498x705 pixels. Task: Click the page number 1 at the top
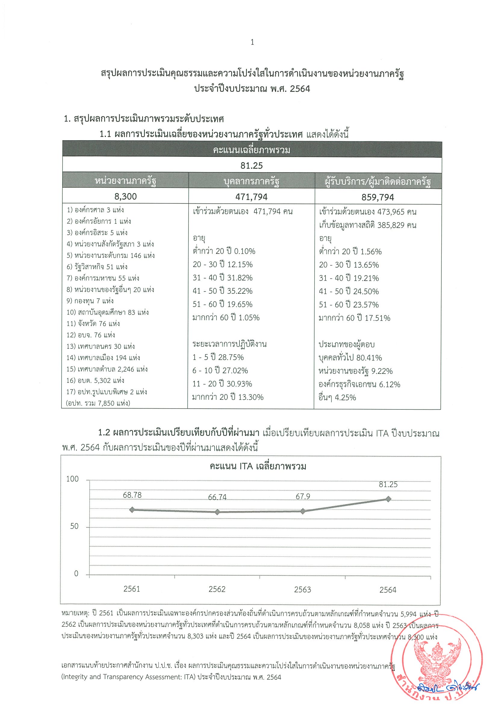[x=252, y=42]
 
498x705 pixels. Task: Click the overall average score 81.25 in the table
[x=252, y=166]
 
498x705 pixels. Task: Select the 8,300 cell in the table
[x=125, y=196]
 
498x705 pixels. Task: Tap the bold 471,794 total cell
[x=251, y=197]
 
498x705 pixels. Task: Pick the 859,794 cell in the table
[x=377, y=197]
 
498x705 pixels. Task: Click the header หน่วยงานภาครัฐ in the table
[x=125, y=181]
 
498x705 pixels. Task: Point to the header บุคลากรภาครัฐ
[x=251, y=181]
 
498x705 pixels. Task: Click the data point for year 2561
[x=132, y=510]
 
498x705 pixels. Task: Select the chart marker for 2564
[x=388, y=499]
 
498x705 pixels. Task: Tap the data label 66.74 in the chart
[x=217, y=497]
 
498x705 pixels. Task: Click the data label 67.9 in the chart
[x=303, y=497]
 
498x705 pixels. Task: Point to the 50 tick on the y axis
[x=74, y=526]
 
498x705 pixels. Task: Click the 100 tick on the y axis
[x=73, y=479]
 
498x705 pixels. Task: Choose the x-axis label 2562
[x=217, y=589]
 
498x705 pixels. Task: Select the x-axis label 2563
[x=303, y=589]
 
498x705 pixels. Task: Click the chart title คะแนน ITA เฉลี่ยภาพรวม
[x=258, y=466]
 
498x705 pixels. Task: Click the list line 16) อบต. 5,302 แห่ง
[x=95, y=381]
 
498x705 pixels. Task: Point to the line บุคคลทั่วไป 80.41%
[x=350, y=358]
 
